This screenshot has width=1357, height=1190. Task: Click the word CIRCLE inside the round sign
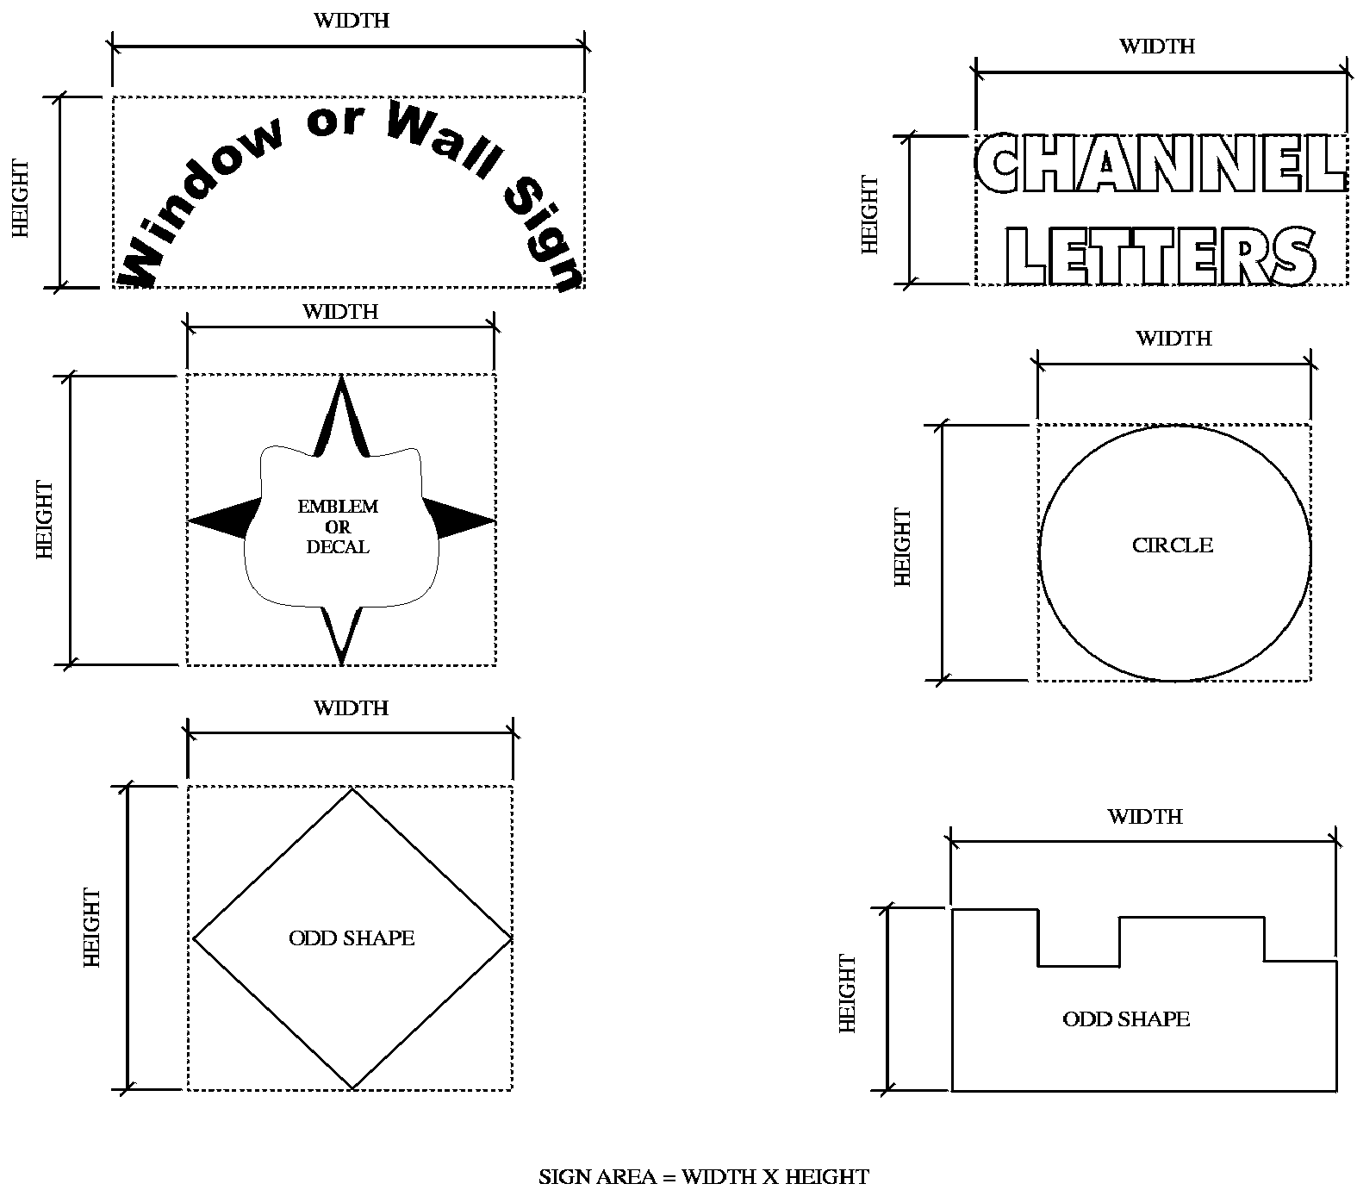coord(1172,545)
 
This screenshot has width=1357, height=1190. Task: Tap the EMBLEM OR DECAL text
coord(338,526)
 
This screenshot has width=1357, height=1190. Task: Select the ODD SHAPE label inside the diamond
coord(352,938)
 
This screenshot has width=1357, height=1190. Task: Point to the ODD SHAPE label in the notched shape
coord(1126,1019)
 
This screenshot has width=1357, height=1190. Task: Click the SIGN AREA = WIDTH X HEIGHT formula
coord(704,1176)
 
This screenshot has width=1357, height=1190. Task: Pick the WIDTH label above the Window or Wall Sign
coord(352,21)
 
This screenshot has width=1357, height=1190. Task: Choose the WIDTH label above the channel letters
coord(1157,47)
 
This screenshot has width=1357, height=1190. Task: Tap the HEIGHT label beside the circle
coord(903,547)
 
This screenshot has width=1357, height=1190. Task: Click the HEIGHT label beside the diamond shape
coord(92,928)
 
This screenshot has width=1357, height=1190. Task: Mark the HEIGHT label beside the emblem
coord(45,520)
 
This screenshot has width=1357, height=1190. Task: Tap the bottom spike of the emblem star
coord(342,633)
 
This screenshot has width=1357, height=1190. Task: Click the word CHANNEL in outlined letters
coord(1161,164)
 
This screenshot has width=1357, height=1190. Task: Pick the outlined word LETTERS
coord(1161,256)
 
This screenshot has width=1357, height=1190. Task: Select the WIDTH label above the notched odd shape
coord(1145,817)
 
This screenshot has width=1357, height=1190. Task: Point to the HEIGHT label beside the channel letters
coord(870,215)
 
